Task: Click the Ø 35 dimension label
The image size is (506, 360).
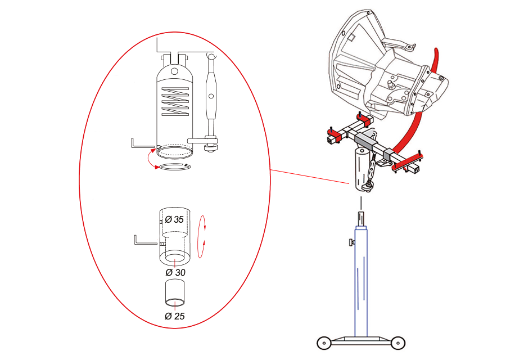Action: pyautogui.click(x=174, y=219)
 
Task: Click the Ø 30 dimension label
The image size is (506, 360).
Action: pyautogui.click(x=175, y=272)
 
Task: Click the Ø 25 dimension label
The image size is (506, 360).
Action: pyautogui.click(x=175, y=316)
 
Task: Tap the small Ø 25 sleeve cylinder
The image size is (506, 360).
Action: pyautogui.click(x=175, y=292)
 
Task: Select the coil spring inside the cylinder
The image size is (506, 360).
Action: pyautogui.click(x=175, y=101)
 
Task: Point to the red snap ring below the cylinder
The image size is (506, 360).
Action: pyautogui.click(x=174, y=166)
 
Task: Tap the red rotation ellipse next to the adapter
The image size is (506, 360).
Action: pyautogui.click(x=202, y=237)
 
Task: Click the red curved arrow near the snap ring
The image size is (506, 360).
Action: pyautogui.click(x=148, y=159)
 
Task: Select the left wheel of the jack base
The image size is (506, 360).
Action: pyautogui.click(x=324, y=343)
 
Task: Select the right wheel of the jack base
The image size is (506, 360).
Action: pyautogui.click(x=398, y=343)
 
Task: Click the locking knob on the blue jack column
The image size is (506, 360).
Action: pyautogui.click(x=351, y=241)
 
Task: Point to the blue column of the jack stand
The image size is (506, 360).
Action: pyautogui.click(x=361, y=281)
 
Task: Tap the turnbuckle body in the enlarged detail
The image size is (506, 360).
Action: pyautogui.click(x=211, y=96)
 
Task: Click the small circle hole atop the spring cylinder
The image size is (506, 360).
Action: pyautogui.click(x=174, y=71)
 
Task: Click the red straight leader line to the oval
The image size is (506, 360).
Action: pyautogui.click(x=310, y=177)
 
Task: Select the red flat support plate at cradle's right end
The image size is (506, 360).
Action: pyautogui.click(x=408, y=162)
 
